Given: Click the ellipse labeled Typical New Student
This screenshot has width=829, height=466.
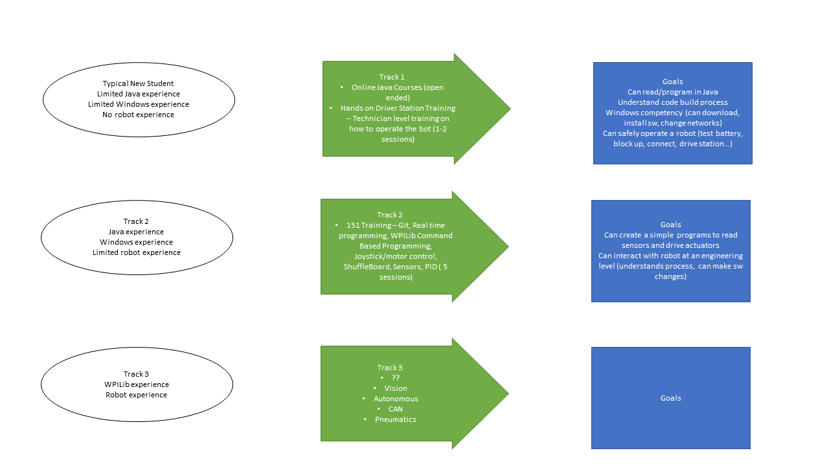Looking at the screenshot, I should (139, 99).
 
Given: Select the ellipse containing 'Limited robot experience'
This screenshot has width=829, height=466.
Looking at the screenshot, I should (137, 237).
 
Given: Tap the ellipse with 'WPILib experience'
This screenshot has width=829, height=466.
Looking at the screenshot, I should (137, 384).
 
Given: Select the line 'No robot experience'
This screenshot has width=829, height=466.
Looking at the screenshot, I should (139, 115).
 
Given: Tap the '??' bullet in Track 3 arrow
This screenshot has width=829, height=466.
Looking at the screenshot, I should (396, 378).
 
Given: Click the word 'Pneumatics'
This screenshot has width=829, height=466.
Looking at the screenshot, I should (396, 419).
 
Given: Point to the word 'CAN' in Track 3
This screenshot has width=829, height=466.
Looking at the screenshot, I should (396, 409).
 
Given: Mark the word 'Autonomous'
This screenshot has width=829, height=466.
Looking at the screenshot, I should (396, 399).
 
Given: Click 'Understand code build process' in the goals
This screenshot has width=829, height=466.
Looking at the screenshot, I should (672, 102).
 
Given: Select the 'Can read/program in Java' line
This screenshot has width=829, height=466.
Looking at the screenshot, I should (672, 92).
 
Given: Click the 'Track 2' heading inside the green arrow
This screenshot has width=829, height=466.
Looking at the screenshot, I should (390, 215).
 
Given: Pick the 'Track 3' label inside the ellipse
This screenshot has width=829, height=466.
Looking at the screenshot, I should (136, 374).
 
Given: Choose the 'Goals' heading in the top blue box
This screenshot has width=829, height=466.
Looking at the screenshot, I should (672, 82).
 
